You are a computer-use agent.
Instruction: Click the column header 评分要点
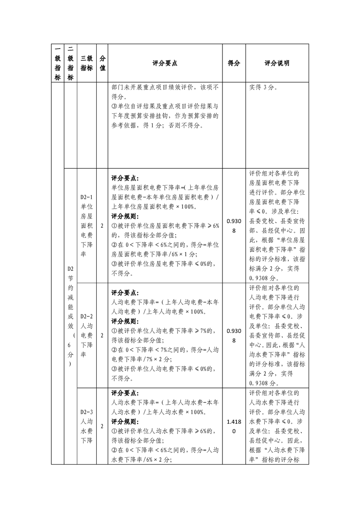(165, 64)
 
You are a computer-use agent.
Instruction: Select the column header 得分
(234, 64)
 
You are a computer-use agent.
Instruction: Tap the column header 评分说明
(277, 64)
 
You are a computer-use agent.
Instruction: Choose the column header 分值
(102, 64)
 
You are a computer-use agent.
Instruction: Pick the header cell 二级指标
(70, 64)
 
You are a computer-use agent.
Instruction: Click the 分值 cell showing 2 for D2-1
(102, 226)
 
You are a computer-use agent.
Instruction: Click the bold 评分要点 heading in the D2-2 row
(125, 293)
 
